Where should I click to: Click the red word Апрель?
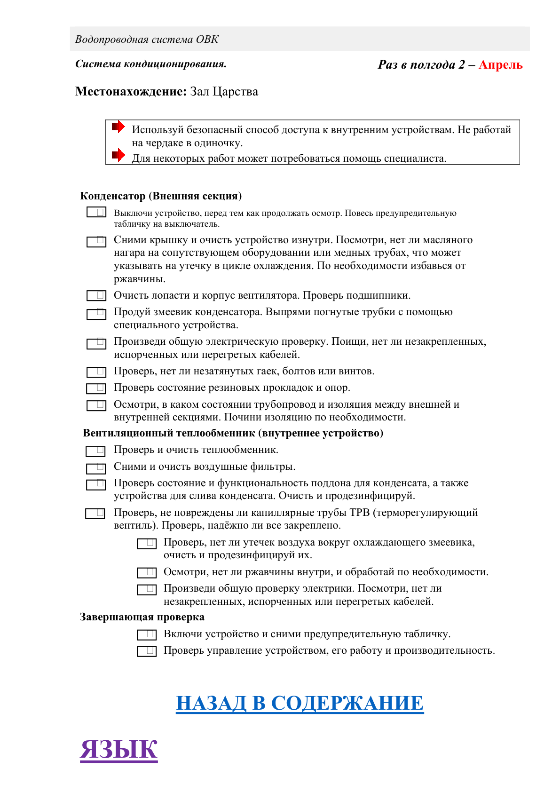pyautogui.click(x=500, y=65)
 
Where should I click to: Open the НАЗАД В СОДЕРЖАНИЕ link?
pyautogui.click(x=300, y=703)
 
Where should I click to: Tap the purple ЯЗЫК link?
pyautogui.click(x=118, y=749)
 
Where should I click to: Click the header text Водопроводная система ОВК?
pyautogui.click(x=147, y=40)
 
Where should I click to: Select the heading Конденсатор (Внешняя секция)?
pyautogui.click(x=161, y=196)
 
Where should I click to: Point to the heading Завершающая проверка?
pyautogui.click(x=142, y=617)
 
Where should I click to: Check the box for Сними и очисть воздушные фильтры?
pyautogui.click(x=96, y=468)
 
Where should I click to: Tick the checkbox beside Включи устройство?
pyautogui.click(x=147, y=635)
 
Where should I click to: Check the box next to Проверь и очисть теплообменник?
pyautogui.click(x=95, y=451)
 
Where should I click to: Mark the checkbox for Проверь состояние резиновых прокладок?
pyautogui.click(x=96, y=388)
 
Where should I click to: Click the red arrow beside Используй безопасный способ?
pyautogui.click(x=118, y=127)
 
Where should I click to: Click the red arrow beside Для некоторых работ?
pyautogui.click(x=118, y=155)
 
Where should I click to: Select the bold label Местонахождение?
pyautogui.click(x=131, y=91)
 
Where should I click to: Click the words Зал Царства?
pyautogui.click(x=224, y=91)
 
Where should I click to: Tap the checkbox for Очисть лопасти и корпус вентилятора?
pyautogui.click(x=96, y=295)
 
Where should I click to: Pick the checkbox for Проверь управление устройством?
pyautogui.click(x=147, y=651)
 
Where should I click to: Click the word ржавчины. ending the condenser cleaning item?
pyautogui.click(x=140, y=279)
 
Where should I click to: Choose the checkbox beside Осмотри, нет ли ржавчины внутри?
pyautogui.click(x=147, y=572)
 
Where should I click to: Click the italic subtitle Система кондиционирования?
pyautogui.click(x=151, y=64)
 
